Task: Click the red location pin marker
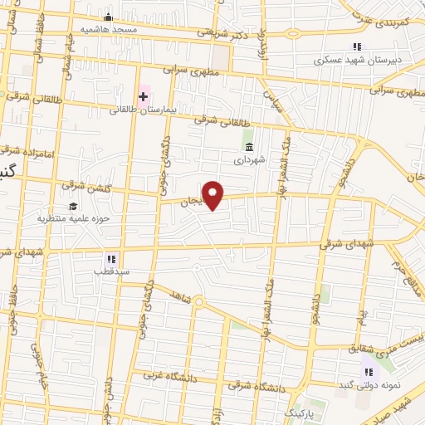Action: pos(213,195)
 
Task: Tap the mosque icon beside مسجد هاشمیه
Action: pos(107,17)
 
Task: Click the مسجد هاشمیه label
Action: pos(108,29)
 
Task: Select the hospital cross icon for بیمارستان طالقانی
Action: pos(143,96)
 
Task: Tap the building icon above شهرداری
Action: pos(249,148)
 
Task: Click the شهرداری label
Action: pos(249,159)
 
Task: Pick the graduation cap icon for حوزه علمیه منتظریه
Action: pos(73,206)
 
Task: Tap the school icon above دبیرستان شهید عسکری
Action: pos(356,47)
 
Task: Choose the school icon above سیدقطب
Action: pos(111,258)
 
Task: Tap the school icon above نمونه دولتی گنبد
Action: pos(368,373)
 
